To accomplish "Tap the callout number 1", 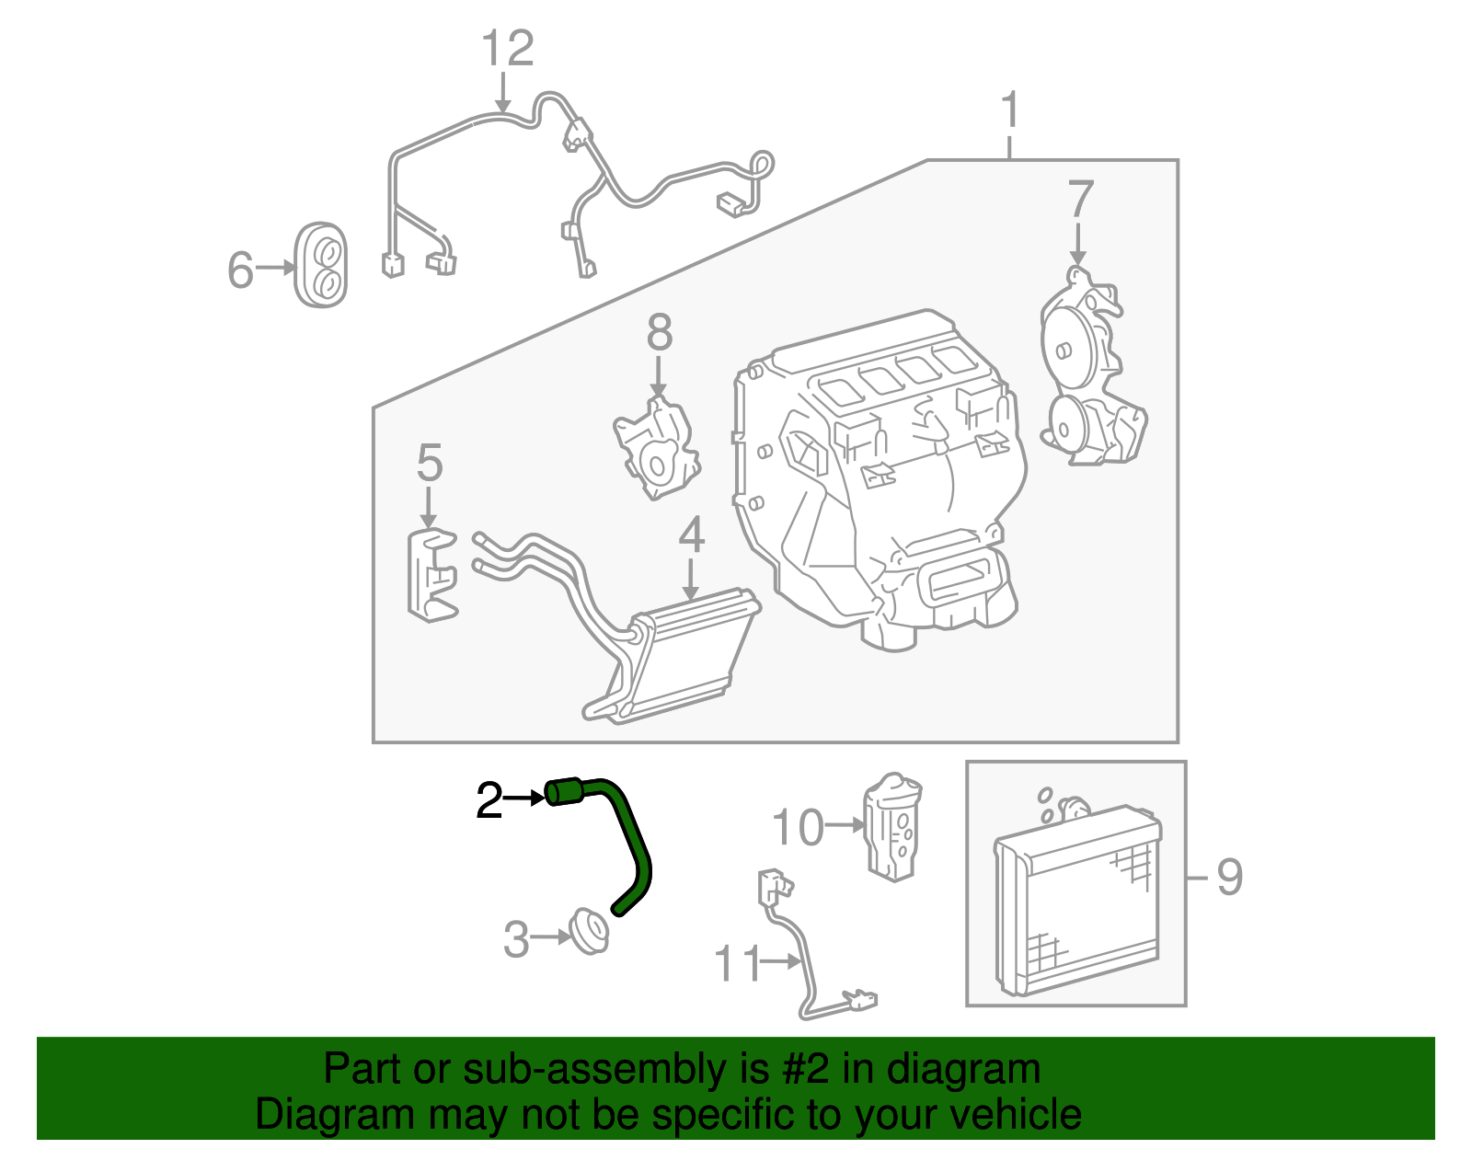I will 1010,110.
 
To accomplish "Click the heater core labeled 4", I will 685,653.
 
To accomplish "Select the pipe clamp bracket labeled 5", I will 429,575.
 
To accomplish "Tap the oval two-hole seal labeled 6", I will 320,264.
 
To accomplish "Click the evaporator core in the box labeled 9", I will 1076,902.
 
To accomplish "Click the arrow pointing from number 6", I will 274,268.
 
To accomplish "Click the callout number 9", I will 1229,877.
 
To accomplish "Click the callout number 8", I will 659,333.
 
